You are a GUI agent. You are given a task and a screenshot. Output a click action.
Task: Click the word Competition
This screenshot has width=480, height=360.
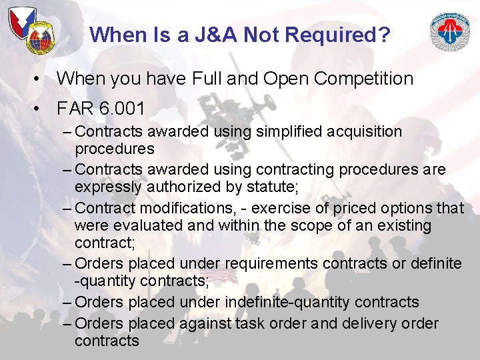click(x=363, y=79)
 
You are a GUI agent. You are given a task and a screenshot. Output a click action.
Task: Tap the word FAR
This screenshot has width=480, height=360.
click(x=75, y=108)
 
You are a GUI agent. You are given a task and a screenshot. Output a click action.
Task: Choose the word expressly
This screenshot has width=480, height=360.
click(x=107, y=187)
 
